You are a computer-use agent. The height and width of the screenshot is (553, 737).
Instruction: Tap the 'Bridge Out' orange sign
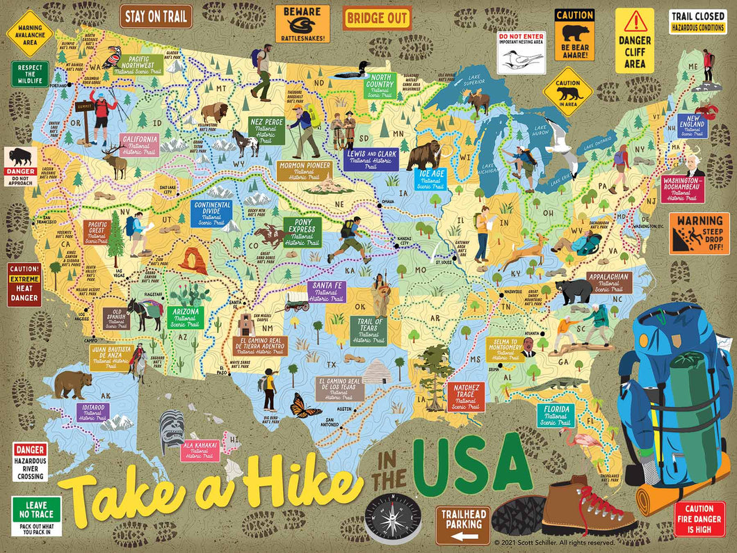click(378, 17)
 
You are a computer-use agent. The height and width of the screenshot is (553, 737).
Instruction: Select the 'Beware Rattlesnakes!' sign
click(302, 23)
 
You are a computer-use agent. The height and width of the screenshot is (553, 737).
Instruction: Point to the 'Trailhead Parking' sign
click(463, 525)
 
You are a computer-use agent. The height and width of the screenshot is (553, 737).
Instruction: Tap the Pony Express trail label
click(302, 232)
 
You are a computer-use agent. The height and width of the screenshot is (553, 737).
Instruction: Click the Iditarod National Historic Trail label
click(92, 412)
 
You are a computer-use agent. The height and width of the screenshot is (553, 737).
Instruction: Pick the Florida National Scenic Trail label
click(556, 414)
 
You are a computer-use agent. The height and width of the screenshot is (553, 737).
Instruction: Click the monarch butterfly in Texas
click(306, 405)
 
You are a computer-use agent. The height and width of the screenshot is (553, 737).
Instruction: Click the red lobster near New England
click(710, 111)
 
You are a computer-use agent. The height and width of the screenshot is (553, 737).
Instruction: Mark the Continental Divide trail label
click(212, 214)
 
